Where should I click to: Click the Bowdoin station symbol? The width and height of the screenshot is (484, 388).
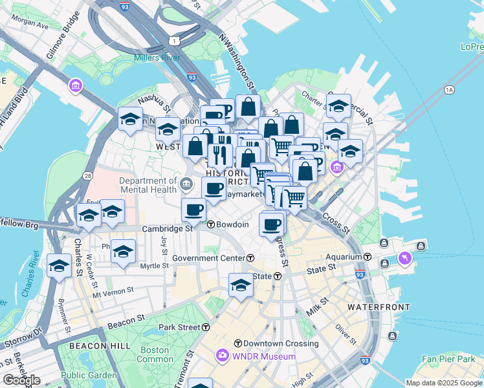point(211,224)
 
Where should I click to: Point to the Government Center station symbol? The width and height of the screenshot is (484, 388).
point(250,258)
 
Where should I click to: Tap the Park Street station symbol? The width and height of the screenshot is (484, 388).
point(206,327)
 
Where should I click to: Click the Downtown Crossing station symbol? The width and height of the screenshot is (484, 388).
point(238,343)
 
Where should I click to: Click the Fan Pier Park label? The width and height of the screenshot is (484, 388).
point(448,358)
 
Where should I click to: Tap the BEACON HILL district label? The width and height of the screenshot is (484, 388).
point(86,347)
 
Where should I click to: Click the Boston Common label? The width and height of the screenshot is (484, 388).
point(155,354)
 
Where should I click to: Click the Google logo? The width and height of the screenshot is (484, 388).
point(21,380)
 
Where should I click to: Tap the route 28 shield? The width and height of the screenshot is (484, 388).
point(88,175)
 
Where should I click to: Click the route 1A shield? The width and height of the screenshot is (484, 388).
point(449,90)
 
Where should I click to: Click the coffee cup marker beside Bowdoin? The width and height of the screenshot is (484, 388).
point(194,209)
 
